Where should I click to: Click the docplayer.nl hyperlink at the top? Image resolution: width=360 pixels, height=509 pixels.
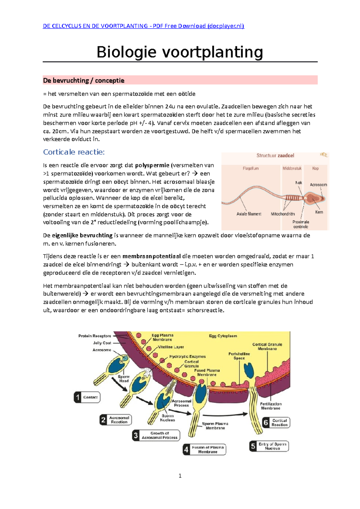143,26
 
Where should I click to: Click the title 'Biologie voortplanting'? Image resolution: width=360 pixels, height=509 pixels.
180,52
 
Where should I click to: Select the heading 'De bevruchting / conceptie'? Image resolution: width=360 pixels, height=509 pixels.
84,80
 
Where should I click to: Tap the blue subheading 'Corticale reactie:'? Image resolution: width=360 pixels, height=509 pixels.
74,152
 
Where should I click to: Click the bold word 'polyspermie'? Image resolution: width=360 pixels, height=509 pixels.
152,165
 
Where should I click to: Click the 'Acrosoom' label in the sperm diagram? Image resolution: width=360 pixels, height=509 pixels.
318,185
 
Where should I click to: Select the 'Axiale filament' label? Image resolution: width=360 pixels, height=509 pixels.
249,214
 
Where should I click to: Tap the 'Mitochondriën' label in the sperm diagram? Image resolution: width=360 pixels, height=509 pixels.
283,214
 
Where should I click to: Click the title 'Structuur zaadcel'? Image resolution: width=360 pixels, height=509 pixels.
275,156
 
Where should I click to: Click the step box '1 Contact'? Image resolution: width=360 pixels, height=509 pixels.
87,397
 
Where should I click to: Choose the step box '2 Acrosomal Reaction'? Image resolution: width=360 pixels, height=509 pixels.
115,420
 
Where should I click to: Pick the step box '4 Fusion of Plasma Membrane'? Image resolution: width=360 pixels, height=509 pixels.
204,449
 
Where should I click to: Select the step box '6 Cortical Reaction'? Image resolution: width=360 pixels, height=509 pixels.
276,423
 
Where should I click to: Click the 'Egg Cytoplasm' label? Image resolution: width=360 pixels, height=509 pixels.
223,336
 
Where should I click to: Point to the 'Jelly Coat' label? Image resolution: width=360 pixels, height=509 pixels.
102,343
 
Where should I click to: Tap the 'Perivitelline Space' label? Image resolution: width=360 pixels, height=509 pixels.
239,356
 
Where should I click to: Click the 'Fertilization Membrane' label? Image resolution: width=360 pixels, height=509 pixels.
271,406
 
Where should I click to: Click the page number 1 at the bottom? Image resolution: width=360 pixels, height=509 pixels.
180,476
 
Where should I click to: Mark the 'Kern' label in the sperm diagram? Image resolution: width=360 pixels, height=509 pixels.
319,212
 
